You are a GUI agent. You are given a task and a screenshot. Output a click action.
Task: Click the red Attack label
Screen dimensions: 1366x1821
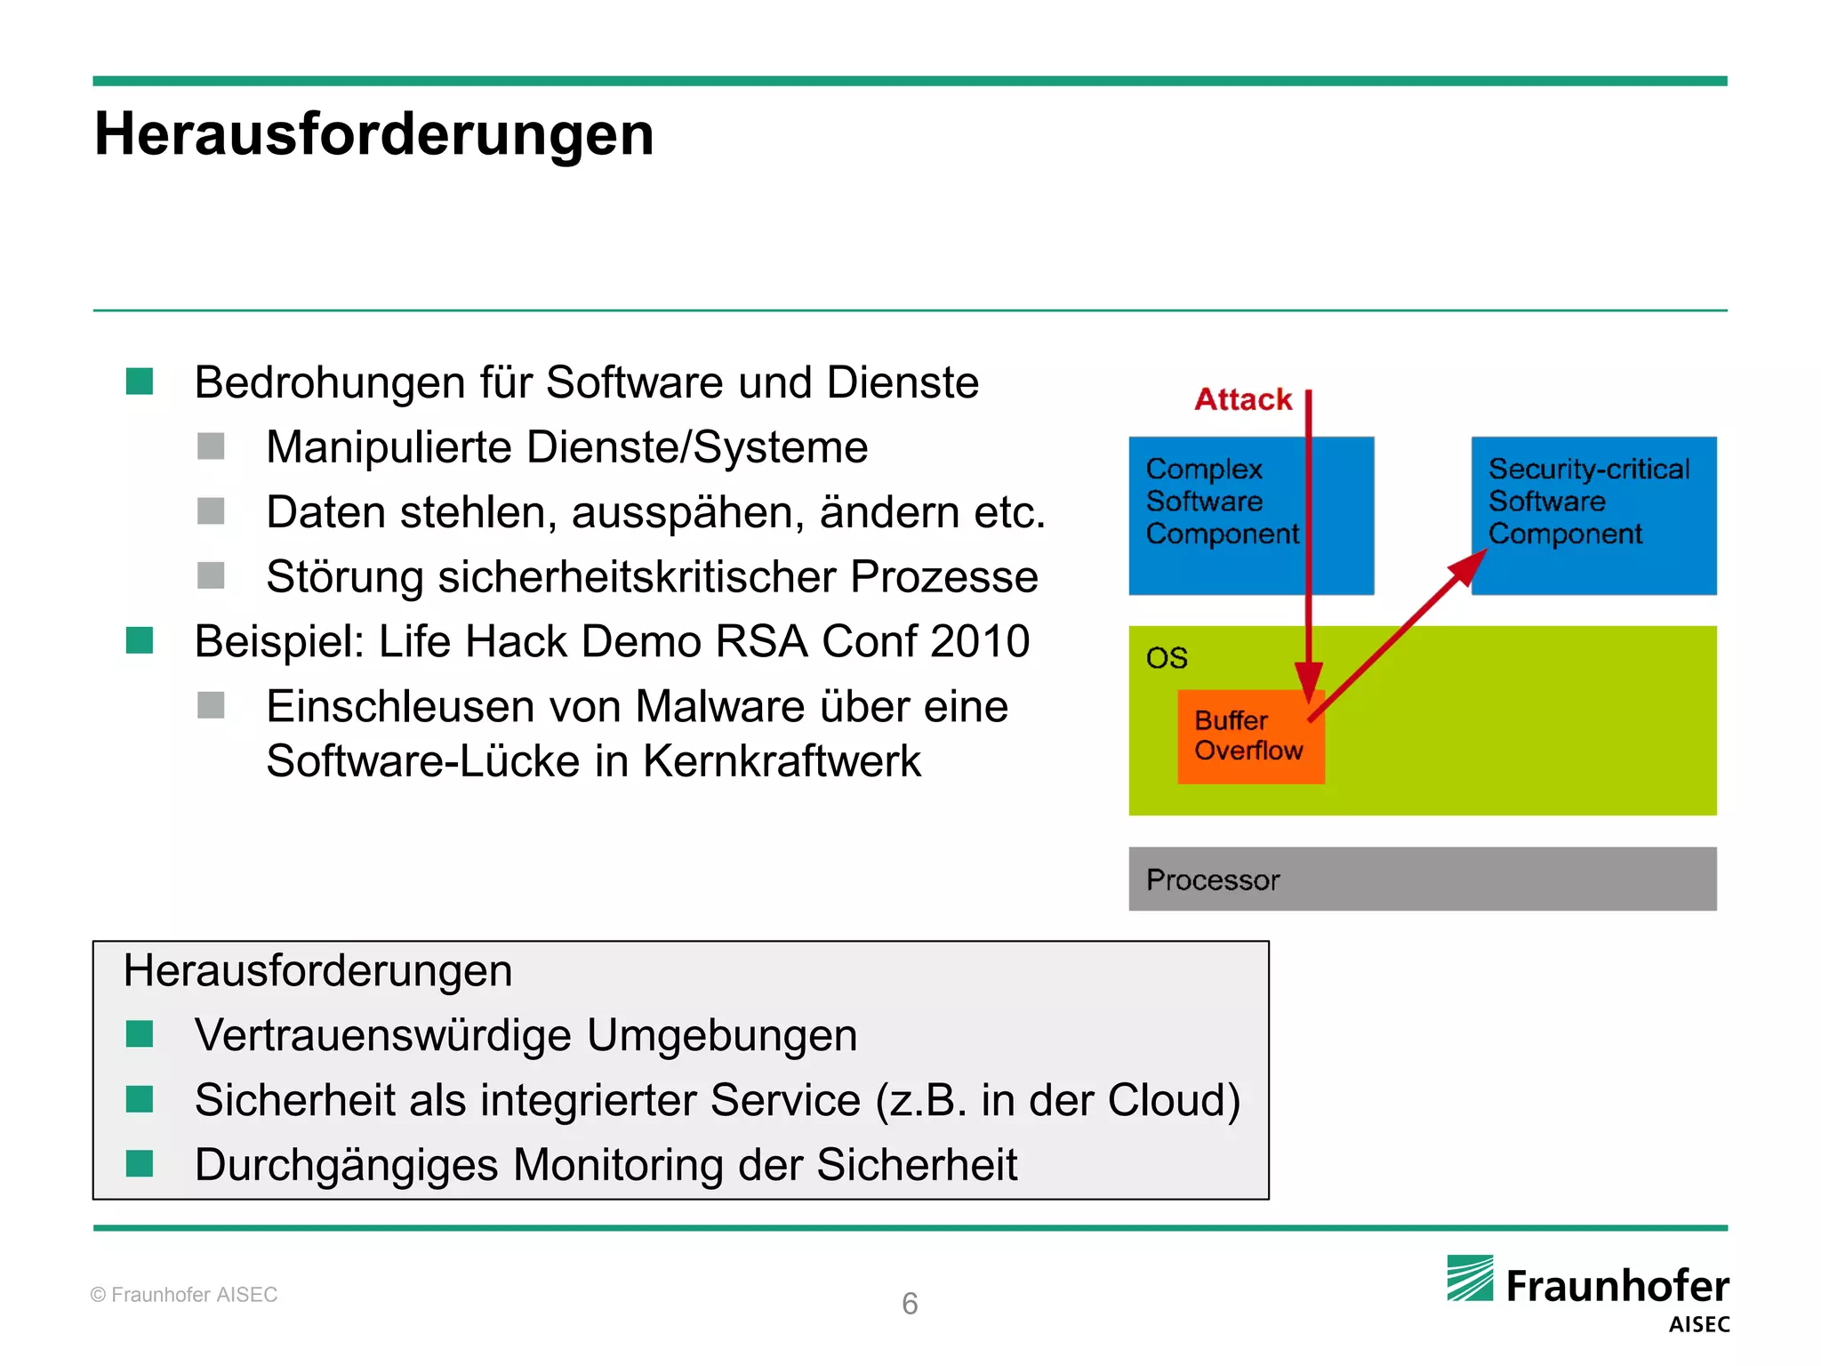pyautogui.click(x=1242, y=399)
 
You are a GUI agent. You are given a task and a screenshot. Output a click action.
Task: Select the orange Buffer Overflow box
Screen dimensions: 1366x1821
pyautogui.click(x=1249, y=736)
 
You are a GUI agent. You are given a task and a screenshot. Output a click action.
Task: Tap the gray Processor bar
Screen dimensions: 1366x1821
pyautogui.click(x=1422, y=879)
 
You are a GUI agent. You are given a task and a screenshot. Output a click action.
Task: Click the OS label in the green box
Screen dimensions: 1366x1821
pyautogui.click(x=1167, y=658)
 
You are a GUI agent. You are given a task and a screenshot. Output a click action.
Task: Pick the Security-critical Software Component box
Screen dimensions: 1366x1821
pyautogui.click(x=1593, y=515)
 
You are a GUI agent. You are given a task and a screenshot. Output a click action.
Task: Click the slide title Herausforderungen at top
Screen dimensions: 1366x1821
pyautogui.click(x=374, y=134)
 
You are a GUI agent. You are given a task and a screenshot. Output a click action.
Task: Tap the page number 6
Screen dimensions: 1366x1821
pyautogui.click(x=910, y=1304)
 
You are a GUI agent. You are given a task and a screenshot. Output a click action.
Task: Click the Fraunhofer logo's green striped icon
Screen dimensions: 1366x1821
pyautogui.click(x=1470, y=1278)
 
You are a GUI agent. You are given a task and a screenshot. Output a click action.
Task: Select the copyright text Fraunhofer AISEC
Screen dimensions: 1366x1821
pyautogui.click(x=184, y=1295)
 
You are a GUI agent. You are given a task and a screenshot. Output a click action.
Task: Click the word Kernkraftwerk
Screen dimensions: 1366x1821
pyautogui.click(x=782, y=761)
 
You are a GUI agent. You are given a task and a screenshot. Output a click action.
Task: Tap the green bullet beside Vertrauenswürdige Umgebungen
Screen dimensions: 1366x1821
pyautogui.click(x=140, y=1034)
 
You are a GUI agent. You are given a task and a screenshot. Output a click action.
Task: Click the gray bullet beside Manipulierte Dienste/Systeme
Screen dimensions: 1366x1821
pyautogui.click(x=211, y=446)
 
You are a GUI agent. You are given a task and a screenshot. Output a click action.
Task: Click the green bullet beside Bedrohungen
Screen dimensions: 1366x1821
pyautogui.click(x=140, y=382)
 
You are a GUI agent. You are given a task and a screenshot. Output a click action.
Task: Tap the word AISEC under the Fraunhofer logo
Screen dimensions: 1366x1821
pyautogui.click(x=1698, y=1324)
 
